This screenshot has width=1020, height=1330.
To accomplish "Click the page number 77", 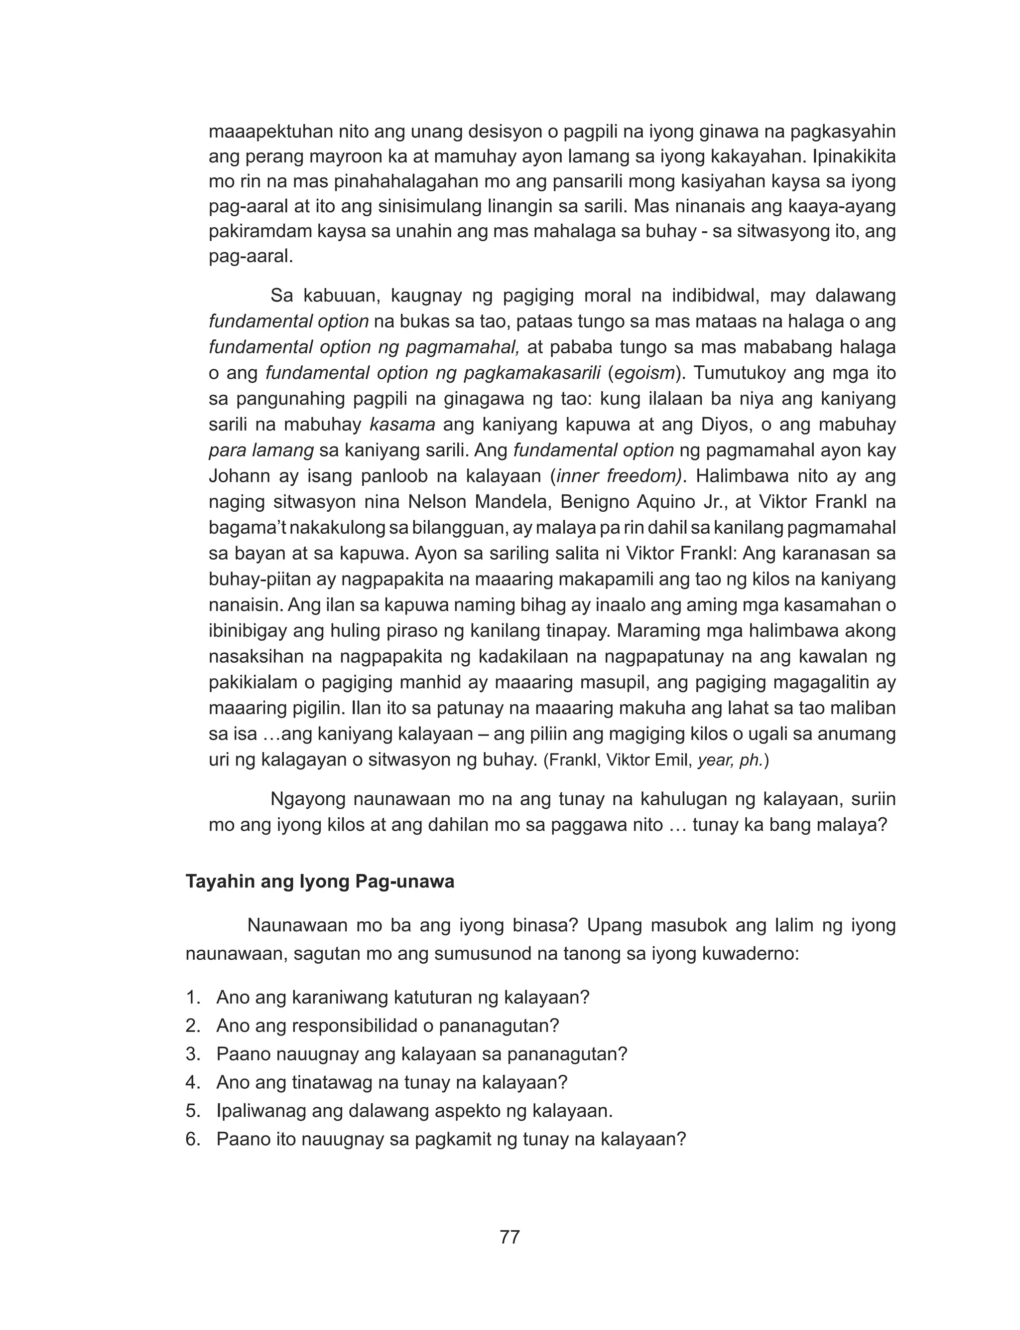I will (x=510, y=1237).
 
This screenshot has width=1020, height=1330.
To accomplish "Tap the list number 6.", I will (x=193, y=1139).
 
